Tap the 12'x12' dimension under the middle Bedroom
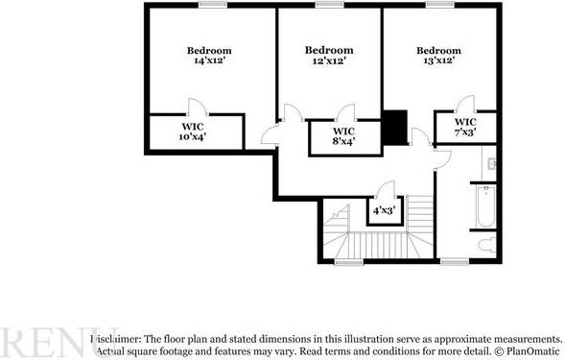(x=329, y=60)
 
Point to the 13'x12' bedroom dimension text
(x=438, y=60)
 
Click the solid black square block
(x=394, y=127)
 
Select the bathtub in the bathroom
(x=483, y=204)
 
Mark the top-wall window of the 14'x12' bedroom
(x=213, y=5)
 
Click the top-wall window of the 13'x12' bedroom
(x=440, y=5)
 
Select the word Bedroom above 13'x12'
(x=438, y=50)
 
